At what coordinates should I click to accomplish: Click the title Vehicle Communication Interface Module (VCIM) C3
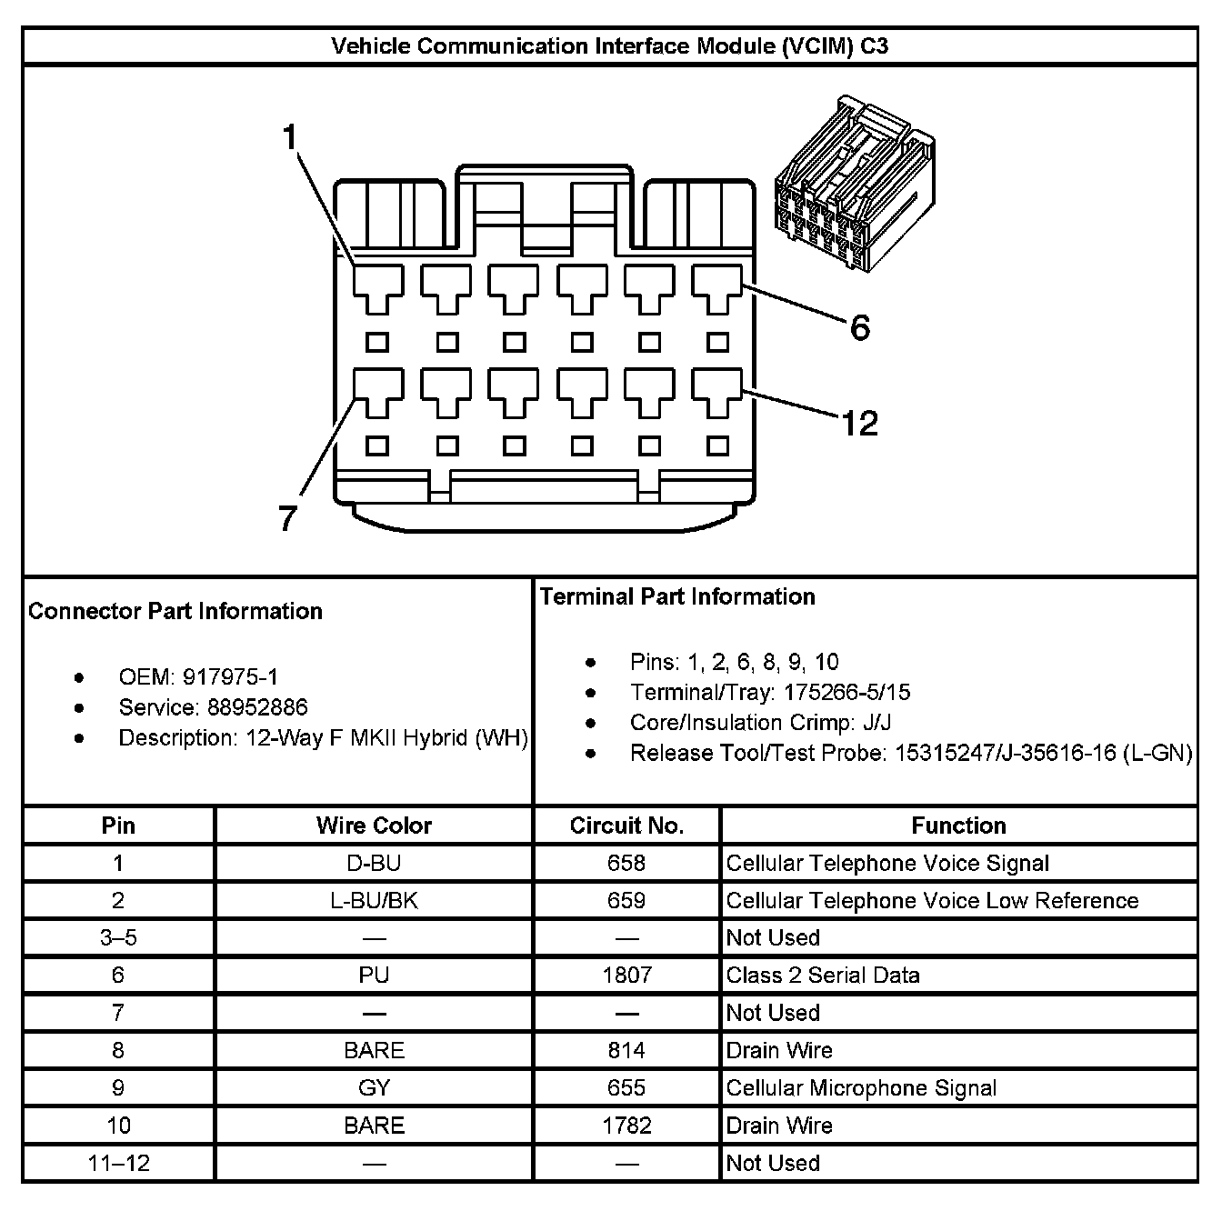(x=609, y=45)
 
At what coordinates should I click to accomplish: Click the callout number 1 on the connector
(x=290, y=138)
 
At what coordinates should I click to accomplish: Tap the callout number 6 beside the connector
(x=859, y=327)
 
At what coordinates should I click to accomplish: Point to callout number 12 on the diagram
(x=859, y=424)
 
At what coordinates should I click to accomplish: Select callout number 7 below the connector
(x=287, y=518)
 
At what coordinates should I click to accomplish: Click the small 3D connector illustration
(x=854, y=182)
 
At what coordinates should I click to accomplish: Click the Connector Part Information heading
(x=175, y=611)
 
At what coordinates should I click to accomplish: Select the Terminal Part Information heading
(x=677, y=596)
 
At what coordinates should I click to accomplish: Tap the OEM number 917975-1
(x=231, y=677)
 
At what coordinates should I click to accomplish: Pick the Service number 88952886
(x=257, y=707)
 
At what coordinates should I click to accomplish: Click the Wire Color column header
(x=374, y=826)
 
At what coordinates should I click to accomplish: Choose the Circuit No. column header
(x=626, y=826)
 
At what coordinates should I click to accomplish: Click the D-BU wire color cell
(x=374, y=863)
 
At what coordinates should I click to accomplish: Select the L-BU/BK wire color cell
(x=374, y=900)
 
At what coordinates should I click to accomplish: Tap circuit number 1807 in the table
(x=626, y=976)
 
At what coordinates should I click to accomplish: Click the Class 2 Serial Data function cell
(x=823, y=976)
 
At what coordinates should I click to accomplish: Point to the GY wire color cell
(x=374, y=1088)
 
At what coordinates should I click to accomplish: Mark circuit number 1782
(x=626, y=1126)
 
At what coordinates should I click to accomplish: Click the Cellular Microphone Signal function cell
(x=861, y=1088)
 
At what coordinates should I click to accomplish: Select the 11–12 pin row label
(x=118, y=1163)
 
